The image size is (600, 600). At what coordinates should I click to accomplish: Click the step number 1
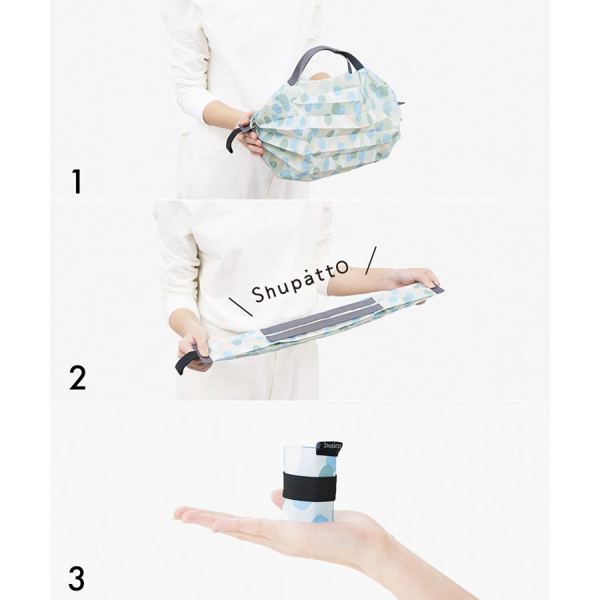coord(77,181)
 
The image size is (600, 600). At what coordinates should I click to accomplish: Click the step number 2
coord(77,378)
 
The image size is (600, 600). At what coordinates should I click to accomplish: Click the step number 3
coord(77,578)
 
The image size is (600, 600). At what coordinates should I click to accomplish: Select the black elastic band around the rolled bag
coord(309,487)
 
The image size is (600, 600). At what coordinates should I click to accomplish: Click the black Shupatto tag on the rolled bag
coord(330,449)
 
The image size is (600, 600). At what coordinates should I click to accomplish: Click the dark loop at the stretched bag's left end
coord(187,361)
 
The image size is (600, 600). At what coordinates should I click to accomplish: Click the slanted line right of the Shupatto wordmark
coord(371,260)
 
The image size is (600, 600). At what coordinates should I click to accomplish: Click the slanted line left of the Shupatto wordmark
coord(241,307)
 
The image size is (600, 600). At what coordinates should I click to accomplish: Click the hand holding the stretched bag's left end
coord(195,346)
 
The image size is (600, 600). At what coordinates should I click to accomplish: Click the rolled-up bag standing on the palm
coord(310,482)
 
